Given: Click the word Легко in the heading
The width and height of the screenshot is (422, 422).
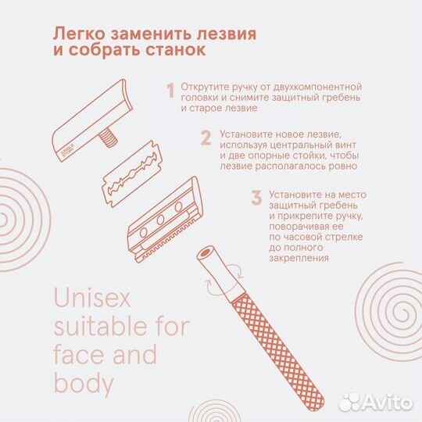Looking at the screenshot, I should click(80, 34).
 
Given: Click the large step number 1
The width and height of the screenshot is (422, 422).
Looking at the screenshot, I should click(170, 91).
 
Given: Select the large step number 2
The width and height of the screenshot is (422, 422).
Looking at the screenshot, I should click(206, 138).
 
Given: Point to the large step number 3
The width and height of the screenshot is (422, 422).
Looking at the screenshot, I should click(256, 198).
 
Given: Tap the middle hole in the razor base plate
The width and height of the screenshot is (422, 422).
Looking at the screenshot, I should click(161, 220).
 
